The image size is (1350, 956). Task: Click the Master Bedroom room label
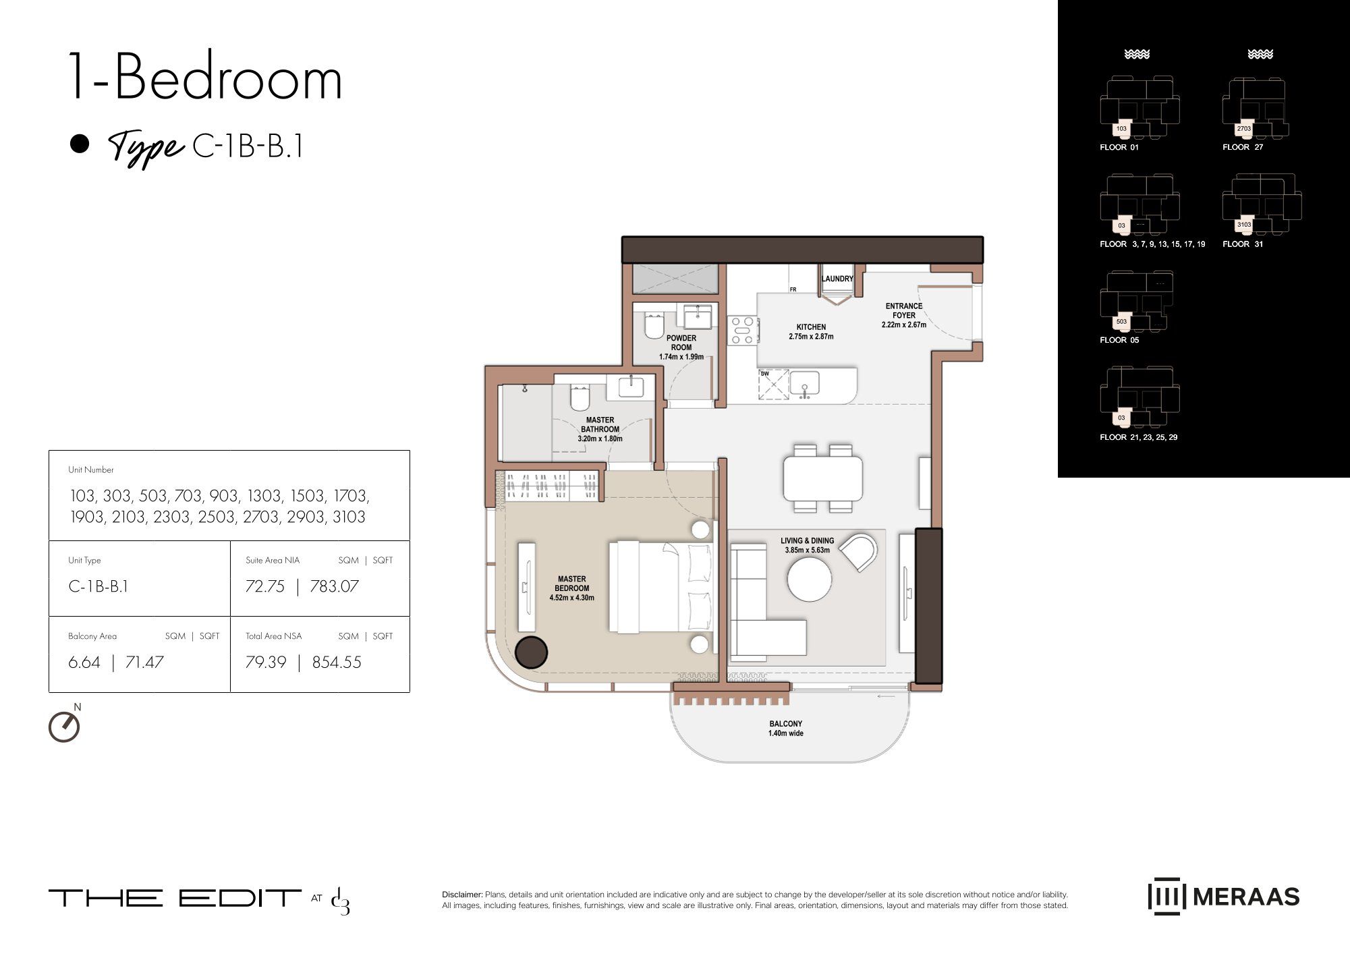[572, 588]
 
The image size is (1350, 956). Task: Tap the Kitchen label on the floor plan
[811, 332]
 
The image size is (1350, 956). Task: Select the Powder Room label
[681, 347]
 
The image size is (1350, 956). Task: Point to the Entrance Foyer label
[904, 315]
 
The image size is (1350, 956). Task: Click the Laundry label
[837, 279]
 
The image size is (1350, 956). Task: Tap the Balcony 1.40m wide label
[786, 729]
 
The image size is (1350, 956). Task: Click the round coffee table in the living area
[810, 578]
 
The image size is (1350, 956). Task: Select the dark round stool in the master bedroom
[532, 652]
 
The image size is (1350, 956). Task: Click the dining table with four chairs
[822, 478]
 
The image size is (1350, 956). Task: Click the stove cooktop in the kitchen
[742, 331]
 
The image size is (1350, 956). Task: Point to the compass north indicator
[65, 725]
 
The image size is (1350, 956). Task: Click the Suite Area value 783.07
[334, 586]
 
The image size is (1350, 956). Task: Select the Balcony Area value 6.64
[84, 663]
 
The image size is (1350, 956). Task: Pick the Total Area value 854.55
[337, 663]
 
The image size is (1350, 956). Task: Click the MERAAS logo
[1224, 897]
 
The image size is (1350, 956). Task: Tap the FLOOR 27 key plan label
[1243, 147]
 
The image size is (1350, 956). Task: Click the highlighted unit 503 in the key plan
[1121, 322]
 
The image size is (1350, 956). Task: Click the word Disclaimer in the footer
[462, 895]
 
